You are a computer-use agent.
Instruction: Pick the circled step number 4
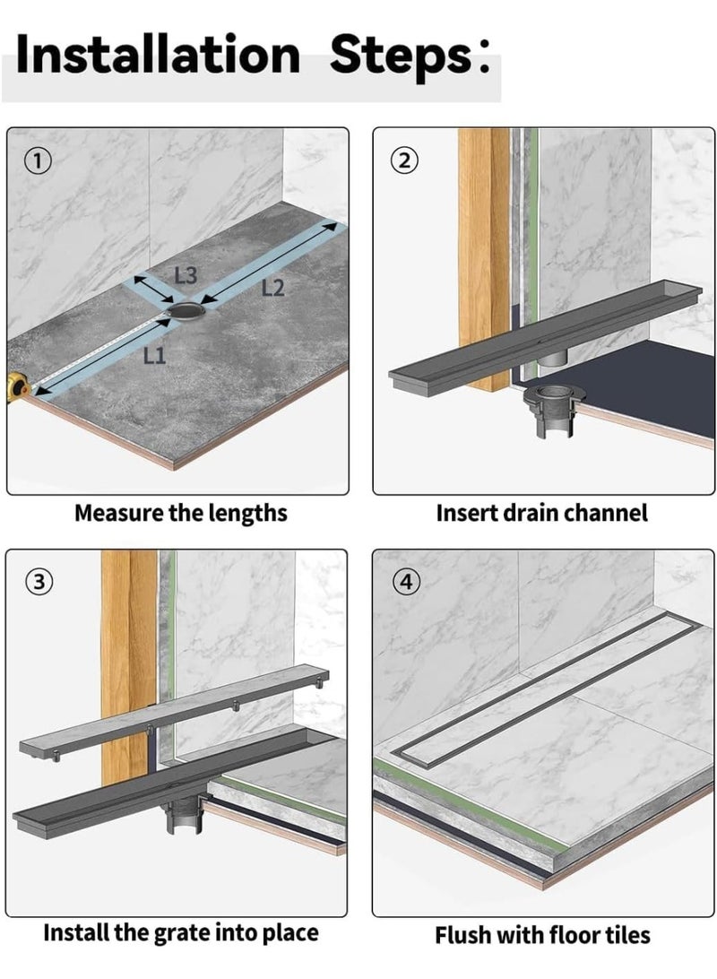(x=405, y=582)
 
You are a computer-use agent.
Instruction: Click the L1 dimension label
(x=154, y=357)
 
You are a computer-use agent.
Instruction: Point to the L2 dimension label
(x=272, y=288)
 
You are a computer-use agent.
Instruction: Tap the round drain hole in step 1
(x=185, y=311)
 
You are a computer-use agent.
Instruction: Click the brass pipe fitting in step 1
(x=18, y=387)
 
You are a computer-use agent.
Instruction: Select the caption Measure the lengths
(x=180, y=514)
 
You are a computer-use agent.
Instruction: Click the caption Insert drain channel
(x=541, y=514)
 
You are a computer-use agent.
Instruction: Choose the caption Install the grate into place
(x=180, y=933)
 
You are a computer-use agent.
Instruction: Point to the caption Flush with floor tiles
(x=542, y=935)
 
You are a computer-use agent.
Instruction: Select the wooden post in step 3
(x=129, y=645)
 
